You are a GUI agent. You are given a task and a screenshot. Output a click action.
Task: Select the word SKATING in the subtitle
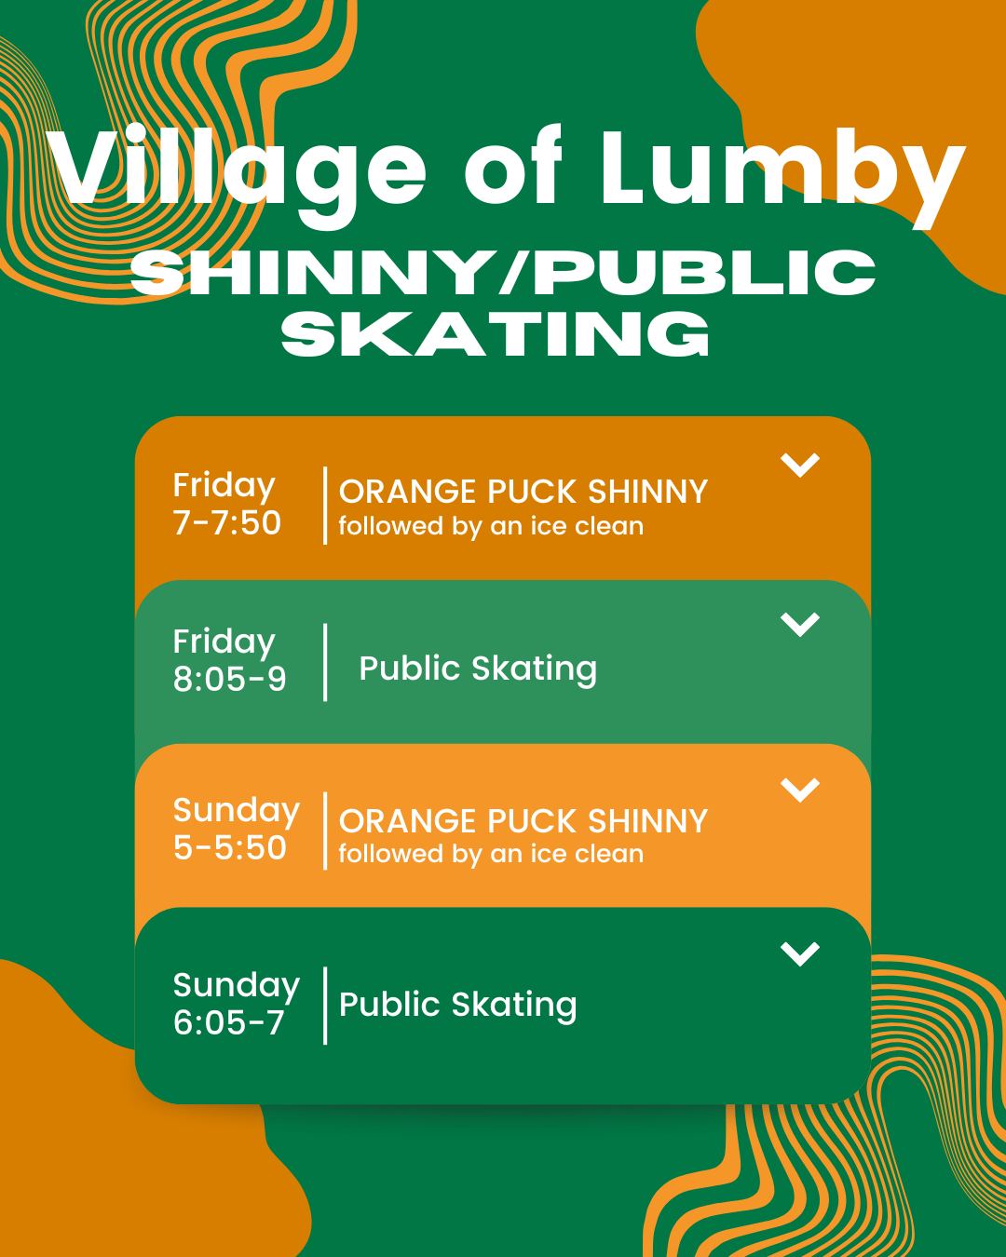pos(496,332)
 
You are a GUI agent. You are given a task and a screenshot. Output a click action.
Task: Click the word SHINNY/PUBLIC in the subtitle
pos(503,273)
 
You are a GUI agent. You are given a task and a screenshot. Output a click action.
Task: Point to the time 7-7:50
pos(227,523)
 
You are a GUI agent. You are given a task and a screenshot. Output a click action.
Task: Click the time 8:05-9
pos(230,680)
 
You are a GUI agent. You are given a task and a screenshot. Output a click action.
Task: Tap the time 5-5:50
pos(230,848)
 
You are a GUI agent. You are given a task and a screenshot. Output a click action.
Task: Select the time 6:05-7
pos(229,1023)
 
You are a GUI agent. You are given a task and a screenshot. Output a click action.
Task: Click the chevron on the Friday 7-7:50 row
pos(800,464)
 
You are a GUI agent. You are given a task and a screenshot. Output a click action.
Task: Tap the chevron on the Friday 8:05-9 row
pos(800,624)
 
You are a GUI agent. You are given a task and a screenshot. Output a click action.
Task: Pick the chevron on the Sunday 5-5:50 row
pos(800,790)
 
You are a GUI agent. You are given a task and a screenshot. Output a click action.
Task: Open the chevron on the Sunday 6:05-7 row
pos(800,953)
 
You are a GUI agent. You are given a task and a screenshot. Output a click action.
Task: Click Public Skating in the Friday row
pos(478,669)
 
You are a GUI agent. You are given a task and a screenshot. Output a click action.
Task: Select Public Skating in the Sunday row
pos(458,1005)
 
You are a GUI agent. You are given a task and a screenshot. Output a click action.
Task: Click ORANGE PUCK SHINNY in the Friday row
pos(523,492)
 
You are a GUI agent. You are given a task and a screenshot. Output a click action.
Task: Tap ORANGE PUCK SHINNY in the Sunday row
pos(523,821)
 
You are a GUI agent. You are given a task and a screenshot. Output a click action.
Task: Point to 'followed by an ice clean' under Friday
pos(491,526)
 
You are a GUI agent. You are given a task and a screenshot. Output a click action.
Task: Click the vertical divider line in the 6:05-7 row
pos(325,1006)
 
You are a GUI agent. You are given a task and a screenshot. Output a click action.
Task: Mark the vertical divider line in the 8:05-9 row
pos(325,662)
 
